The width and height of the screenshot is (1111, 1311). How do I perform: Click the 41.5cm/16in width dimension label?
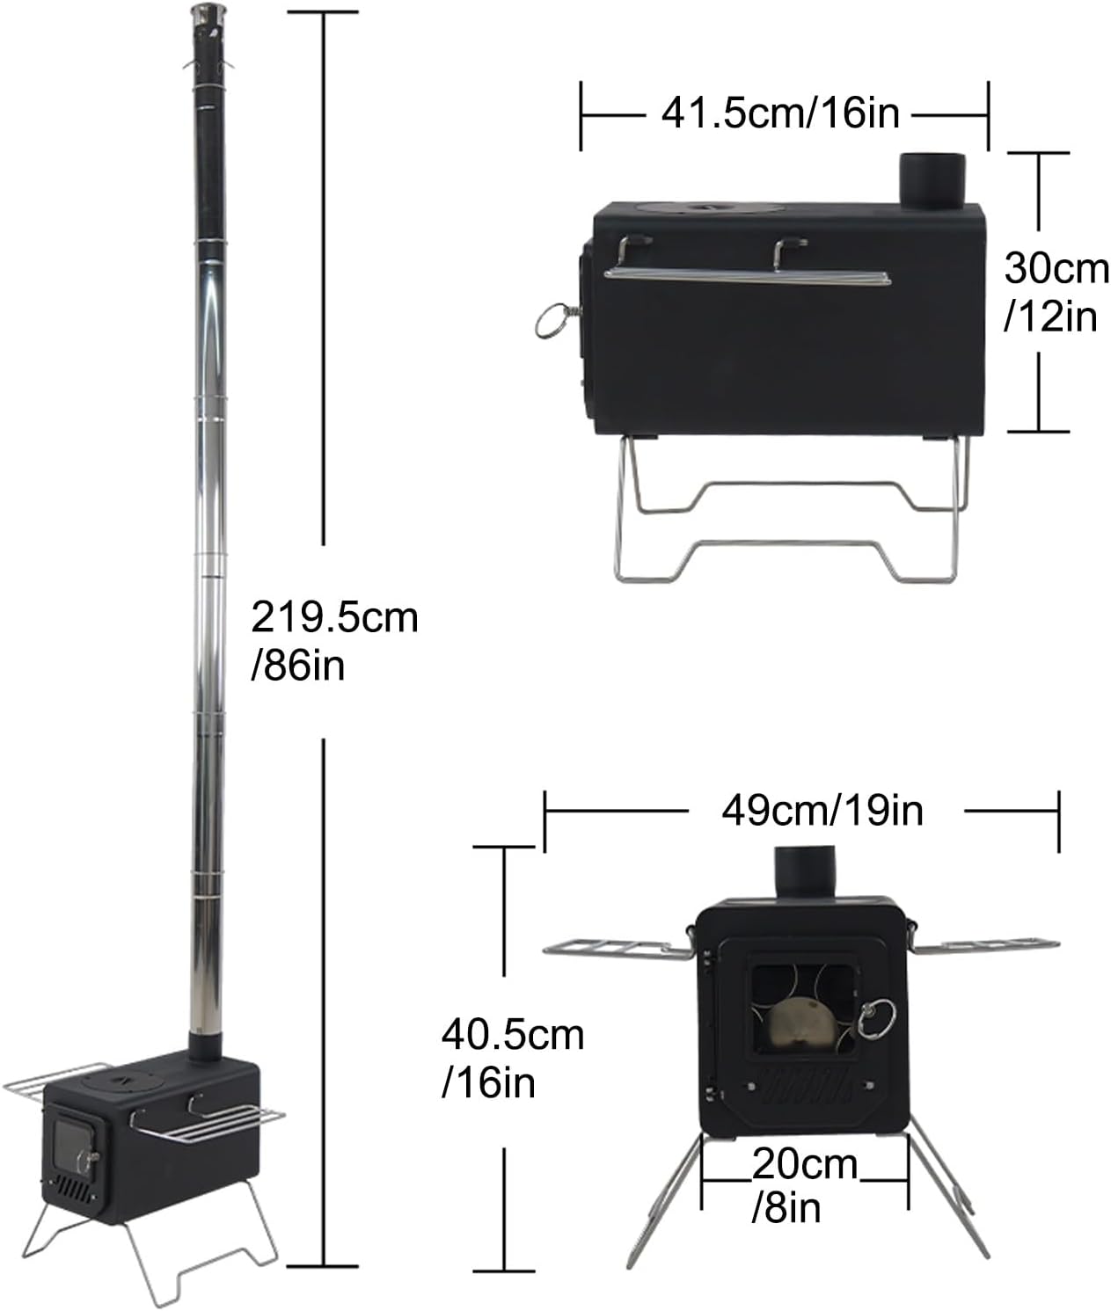[x=779, y=114]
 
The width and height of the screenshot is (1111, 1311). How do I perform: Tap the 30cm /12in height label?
[x=1056, y=292]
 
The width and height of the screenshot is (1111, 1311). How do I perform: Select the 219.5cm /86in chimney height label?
[x=334, y=641]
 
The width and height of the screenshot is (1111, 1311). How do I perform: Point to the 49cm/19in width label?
[x=822, y=810]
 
